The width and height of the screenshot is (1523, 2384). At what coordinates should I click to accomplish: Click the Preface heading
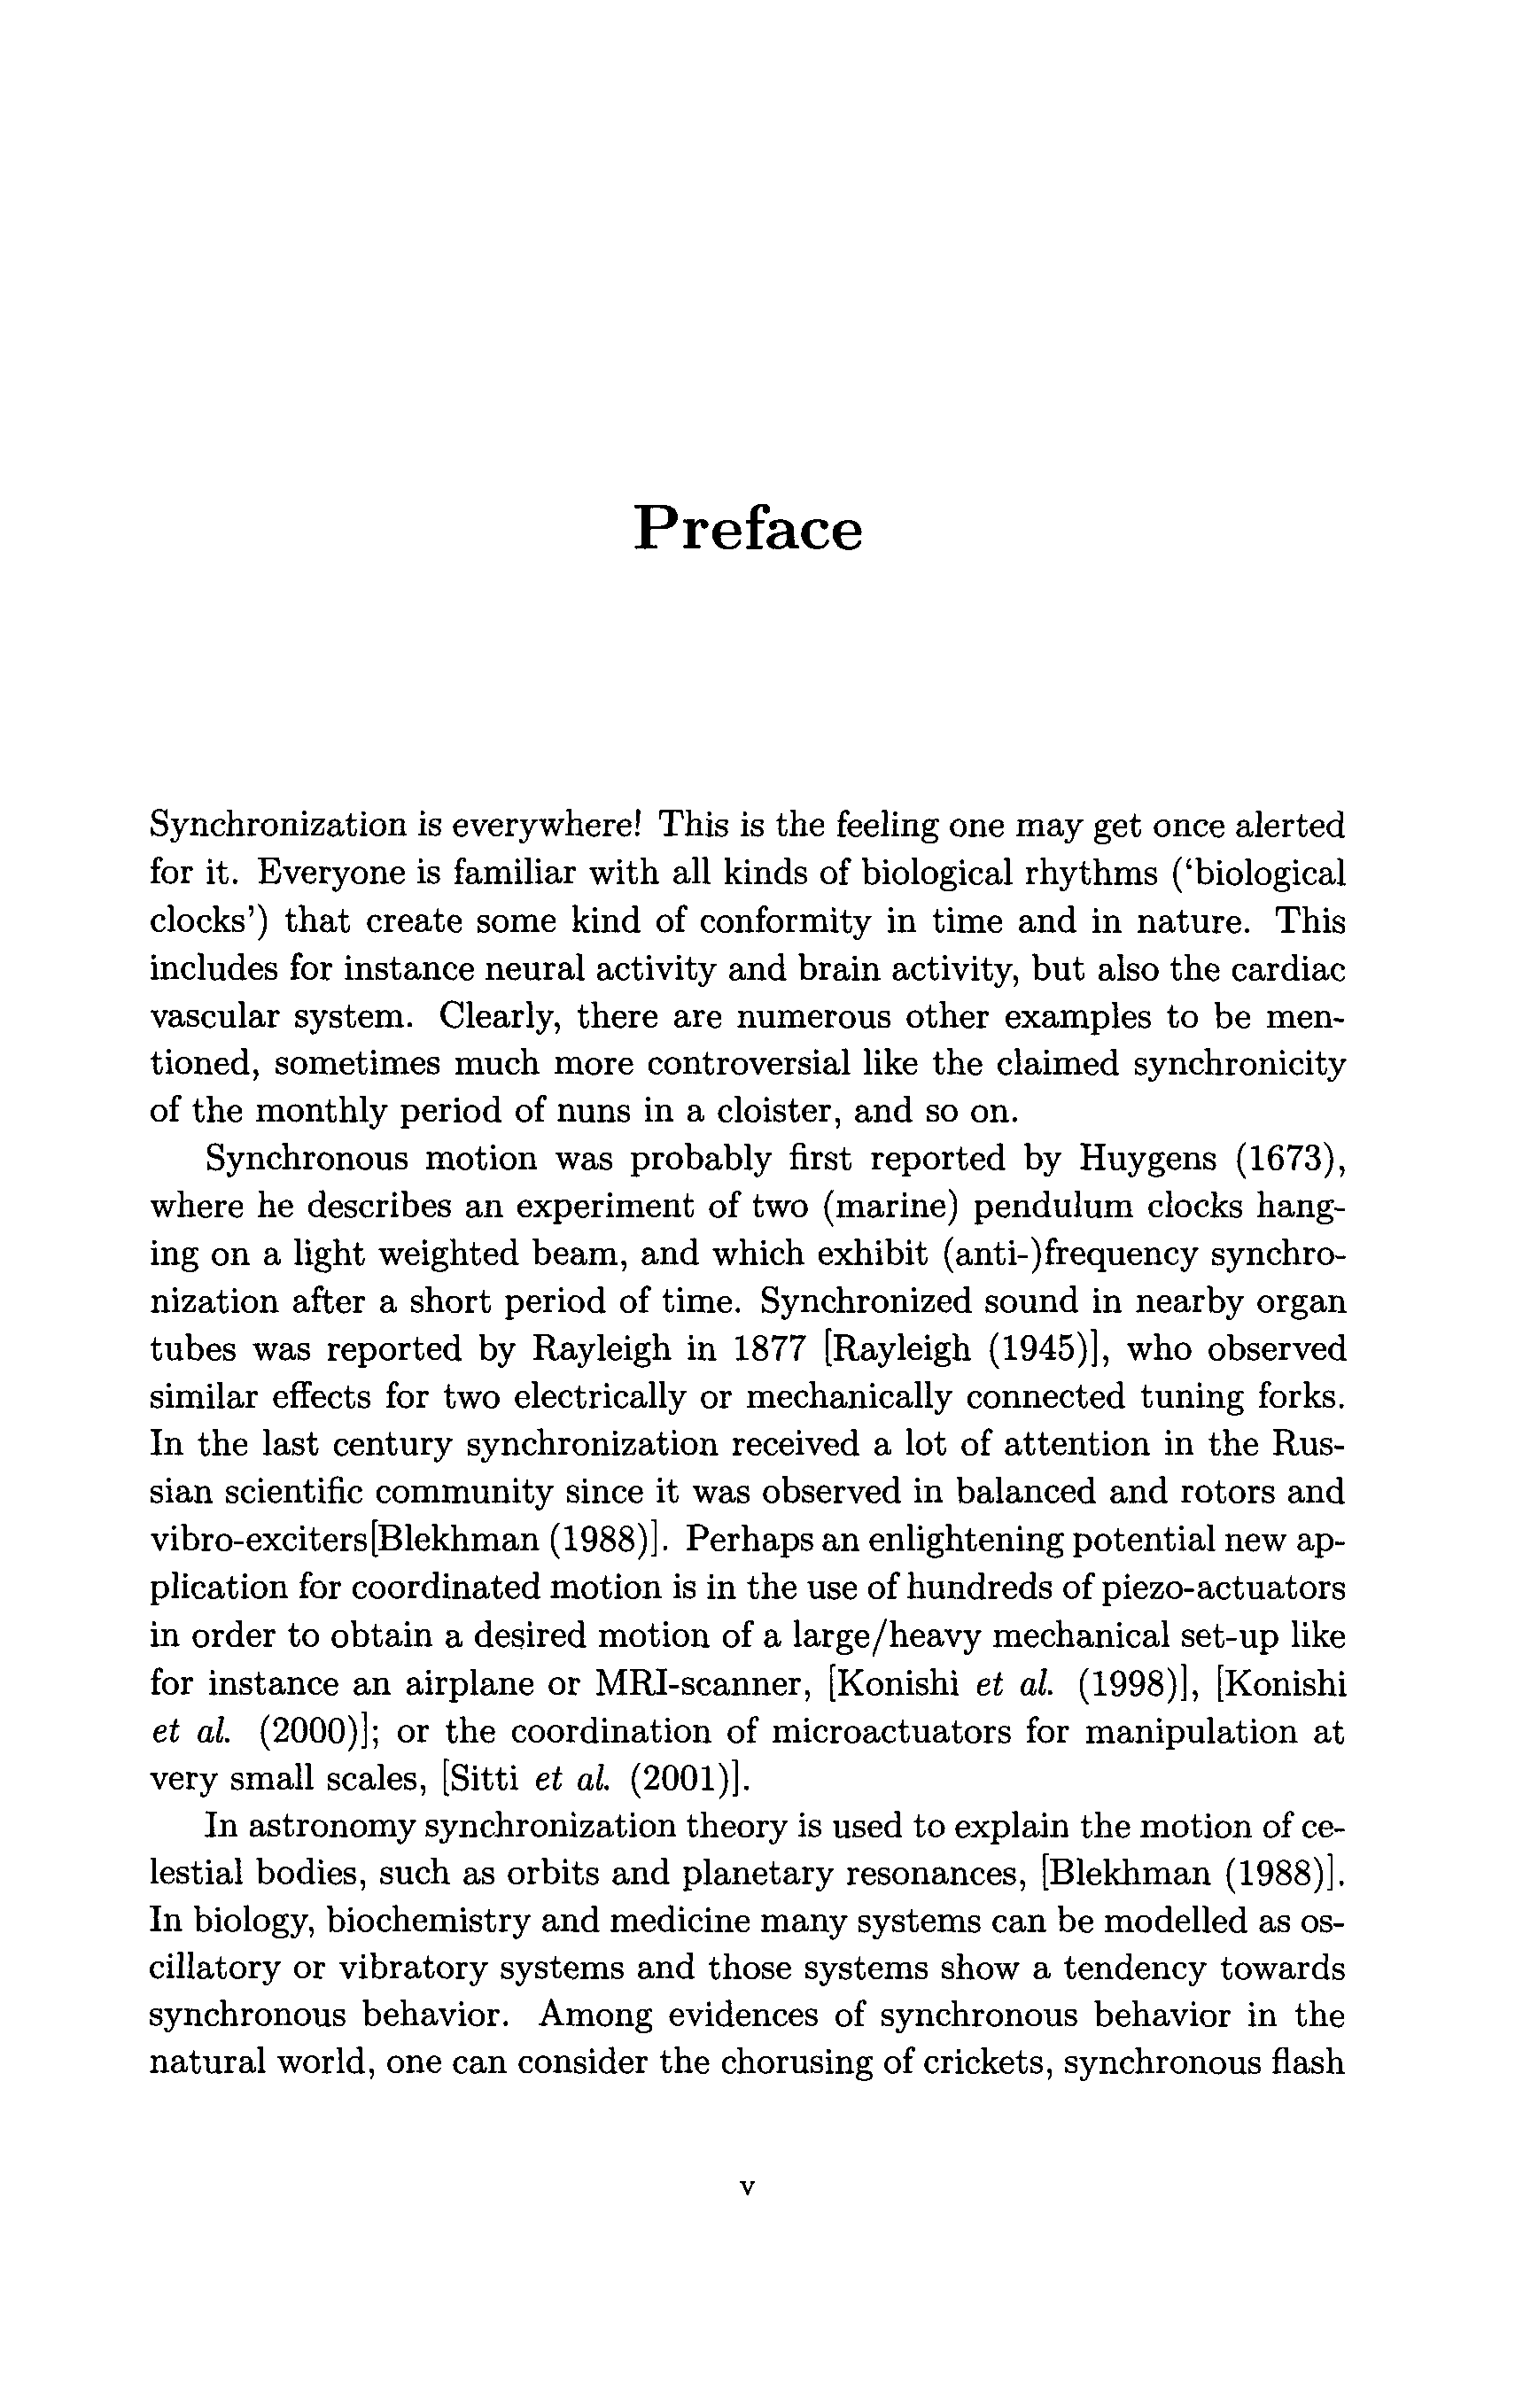click(748, 529)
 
